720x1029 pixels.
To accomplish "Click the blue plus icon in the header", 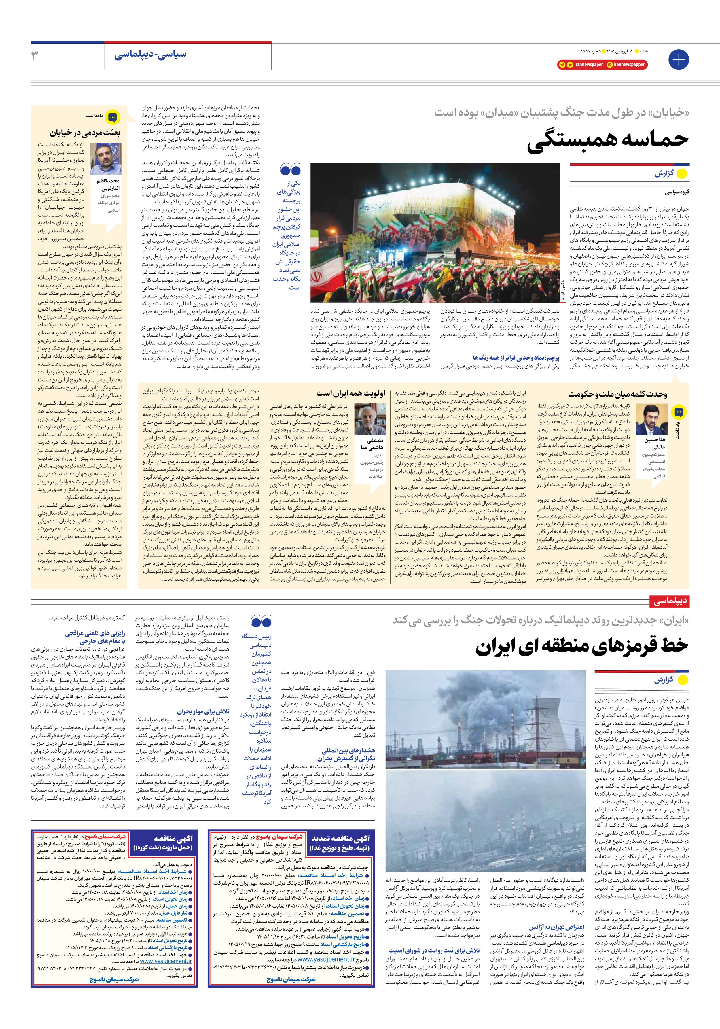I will tap(678, 60).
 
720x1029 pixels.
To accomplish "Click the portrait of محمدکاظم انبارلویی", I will tap(106, 159).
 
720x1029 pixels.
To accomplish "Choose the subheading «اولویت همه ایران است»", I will tap(351, 394).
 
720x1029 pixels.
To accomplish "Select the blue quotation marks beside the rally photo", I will tap(290, 170).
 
